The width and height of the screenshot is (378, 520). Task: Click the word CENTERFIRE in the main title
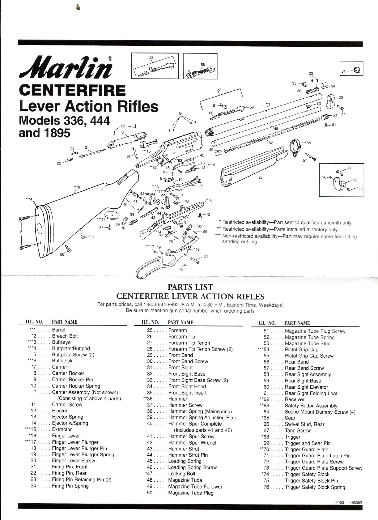pos(72,91)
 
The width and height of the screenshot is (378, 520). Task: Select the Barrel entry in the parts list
pos(58,330)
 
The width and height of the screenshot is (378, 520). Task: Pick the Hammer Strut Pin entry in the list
pos(188,455)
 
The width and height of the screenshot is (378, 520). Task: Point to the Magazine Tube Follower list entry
pos(195,487)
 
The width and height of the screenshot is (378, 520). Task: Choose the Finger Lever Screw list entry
pos(73,461)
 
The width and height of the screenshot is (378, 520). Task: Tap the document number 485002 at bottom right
pos(356,503)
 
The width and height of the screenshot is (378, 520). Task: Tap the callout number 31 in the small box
pos(343,71)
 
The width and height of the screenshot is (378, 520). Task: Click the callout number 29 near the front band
pos(341,97)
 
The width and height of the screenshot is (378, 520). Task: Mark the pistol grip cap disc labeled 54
pos(112,215)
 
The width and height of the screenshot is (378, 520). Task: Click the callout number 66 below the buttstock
pos(62,254)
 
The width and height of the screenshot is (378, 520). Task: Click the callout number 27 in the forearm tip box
pos(350,168)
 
